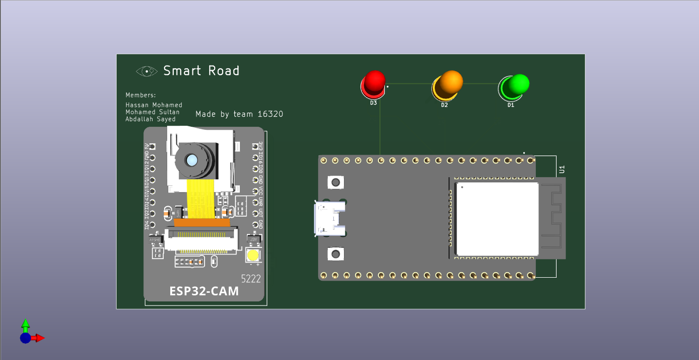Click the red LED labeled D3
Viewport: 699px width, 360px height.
pyautogui.click(x=374, y=83)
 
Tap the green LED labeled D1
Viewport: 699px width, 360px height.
pyautogui.click(x=514, y=86)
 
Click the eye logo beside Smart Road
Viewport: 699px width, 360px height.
pyautogui.click(x=146, y=71)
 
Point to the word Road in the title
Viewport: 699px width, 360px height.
pyautogui.click(x=223, y=71)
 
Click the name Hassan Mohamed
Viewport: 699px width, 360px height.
pyautogui.click(x=154, y=105)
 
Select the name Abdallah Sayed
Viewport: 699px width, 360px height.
pyautogui.click(x=151, y=119)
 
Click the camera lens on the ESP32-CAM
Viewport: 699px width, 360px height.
pyautogui.click(x=192, y=161)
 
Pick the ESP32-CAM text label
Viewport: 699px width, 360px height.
pyautogui.click(x=204, y=291)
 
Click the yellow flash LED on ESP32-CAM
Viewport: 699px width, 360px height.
pyautogui.click(x=253, y=255)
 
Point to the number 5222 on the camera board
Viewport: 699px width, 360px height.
pyautogui.click(x=251, y=278)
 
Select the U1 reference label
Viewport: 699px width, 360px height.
pyautogui.click(x=562, y=170)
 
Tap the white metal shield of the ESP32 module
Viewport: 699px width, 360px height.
pyautogui.click(x=497, y=219)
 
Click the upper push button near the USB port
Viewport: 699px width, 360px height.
pyautogui.click(x=334, y=182)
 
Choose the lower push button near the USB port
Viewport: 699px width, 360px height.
pyautogui.click(x=334, y=253)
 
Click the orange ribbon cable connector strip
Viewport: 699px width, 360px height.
pyautogui.click(x=202, y=222)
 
